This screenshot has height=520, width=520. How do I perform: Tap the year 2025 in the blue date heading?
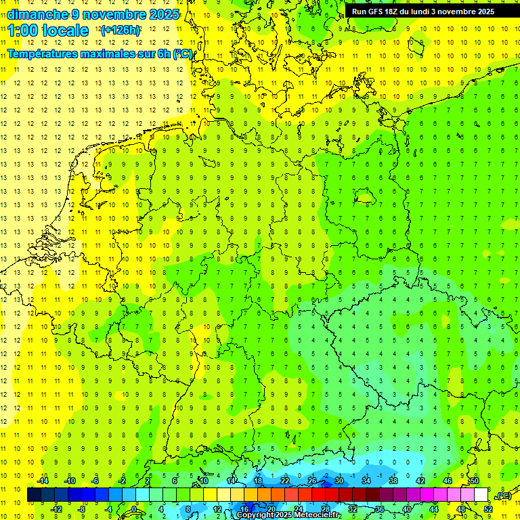click(x=163, y=14)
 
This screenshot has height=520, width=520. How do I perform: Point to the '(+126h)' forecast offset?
click(x=121, y=30)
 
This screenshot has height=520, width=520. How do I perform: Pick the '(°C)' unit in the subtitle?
click(x=182, y=53)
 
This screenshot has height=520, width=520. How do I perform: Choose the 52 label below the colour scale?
click(x=487, y=508)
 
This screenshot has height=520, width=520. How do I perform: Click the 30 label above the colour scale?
click(x=339, y=481)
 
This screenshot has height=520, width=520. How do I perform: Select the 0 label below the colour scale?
click(x=135, y=508)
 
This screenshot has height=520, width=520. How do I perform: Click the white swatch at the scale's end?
click(x=481, y=494)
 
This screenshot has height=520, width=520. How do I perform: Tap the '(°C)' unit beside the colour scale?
click(x=503, y=496)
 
